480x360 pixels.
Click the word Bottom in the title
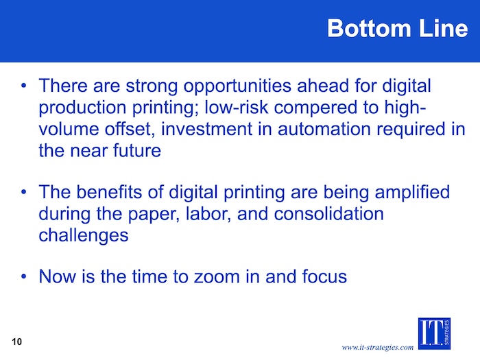[369, 28]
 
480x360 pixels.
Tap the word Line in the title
[444, 28]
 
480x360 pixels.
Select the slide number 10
[17, 341]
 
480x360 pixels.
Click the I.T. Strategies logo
[434, 333]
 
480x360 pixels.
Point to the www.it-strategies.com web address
[377, 347]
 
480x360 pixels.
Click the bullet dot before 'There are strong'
[24, 86]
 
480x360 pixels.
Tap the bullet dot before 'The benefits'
[24, 192]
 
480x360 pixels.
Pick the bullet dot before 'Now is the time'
[24, 276]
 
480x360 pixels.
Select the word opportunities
[237, 86]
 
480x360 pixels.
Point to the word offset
[130, 129]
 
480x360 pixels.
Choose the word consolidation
[328, 214]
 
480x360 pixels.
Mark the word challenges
[84, 236]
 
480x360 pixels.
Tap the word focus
[324, 276]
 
